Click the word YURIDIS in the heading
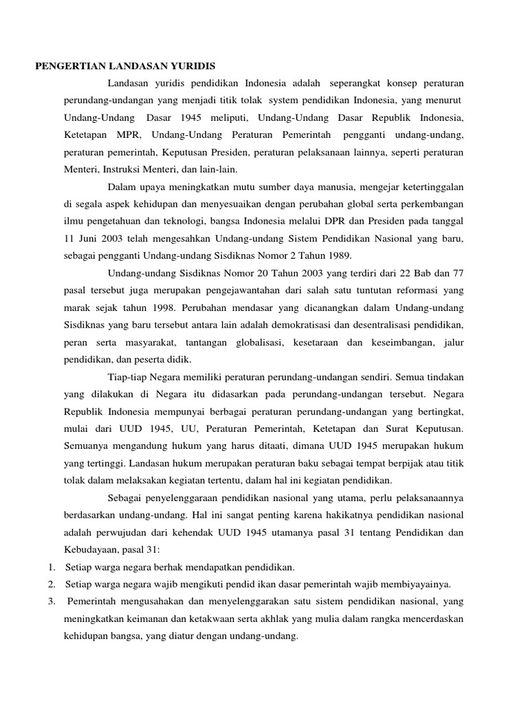coord(193,66)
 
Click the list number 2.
coord(52,584)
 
